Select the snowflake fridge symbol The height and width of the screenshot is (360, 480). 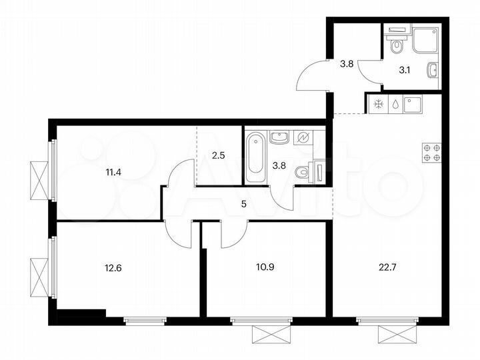[378, 105]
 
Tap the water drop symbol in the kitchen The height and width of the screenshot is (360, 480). [395, 105]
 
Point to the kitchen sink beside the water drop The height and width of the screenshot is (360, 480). [415, 105]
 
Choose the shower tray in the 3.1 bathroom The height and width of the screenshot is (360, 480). [425, 40]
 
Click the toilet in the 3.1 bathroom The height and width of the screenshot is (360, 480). [397, 47]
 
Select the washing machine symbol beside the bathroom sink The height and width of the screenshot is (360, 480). [303, 138]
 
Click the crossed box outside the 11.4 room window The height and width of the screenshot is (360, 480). [39, 180]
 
